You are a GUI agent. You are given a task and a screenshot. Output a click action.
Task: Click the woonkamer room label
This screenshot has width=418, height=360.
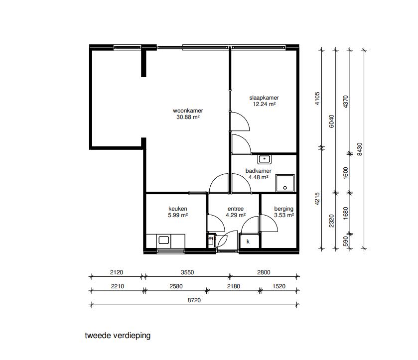click(188, 111)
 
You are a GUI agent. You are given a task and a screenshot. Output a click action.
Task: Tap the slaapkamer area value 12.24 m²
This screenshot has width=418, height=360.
click(264, 104)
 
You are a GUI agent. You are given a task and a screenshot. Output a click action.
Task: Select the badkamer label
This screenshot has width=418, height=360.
click(258, 171)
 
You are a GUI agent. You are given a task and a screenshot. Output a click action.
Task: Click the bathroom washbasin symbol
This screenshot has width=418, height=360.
click(264, 159)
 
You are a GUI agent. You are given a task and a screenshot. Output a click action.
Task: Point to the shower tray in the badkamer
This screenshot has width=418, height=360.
click(285, 183)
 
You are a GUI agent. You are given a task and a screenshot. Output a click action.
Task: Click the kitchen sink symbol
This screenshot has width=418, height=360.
click(164, 240)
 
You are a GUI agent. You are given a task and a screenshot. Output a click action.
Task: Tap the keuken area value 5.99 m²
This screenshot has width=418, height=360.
click(178, 215)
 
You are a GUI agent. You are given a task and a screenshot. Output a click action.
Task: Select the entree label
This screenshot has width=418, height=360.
click(236, 209)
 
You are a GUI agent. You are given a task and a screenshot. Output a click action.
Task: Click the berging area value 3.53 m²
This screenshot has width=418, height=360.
click(284, 215)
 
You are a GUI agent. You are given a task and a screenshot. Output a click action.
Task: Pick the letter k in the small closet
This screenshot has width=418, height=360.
click(248, 241)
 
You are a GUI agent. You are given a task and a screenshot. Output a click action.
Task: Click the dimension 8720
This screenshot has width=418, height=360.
click(194, 300)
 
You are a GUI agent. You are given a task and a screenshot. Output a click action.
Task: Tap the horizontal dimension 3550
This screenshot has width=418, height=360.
click(187, 272)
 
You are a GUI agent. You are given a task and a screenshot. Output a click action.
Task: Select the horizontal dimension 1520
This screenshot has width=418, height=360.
click(279, 286)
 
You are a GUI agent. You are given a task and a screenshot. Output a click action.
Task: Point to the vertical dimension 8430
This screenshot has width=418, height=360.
click(359, 149)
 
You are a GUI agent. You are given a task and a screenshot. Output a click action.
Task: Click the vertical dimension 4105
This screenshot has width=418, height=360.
click(317, 98)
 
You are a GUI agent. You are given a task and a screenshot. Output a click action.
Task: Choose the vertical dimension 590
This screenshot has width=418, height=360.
click(345, 241)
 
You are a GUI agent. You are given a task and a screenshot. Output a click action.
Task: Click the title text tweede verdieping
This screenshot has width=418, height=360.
click(118, 336)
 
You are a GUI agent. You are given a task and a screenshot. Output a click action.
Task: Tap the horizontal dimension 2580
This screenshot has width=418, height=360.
click(176, 286)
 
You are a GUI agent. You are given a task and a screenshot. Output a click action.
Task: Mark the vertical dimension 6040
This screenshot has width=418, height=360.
click(331, 121)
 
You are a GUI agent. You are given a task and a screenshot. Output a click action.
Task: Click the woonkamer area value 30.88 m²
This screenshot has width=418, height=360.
click(188, 117)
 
